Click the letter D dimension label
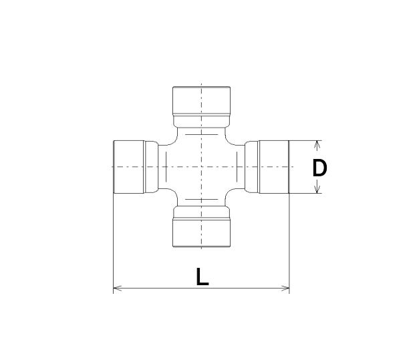(319, 168)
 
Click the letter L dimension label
(202, 277)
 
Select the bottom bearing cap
(202, 232)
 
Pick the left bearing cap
(129, 167)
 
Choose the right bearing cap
(273, 167)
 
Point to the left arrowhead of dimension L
(118, 288)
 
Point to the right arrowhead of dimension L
(285, 288)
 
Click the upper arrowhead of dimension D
(317, 145)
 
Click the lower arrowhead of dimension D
(317, 188)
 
